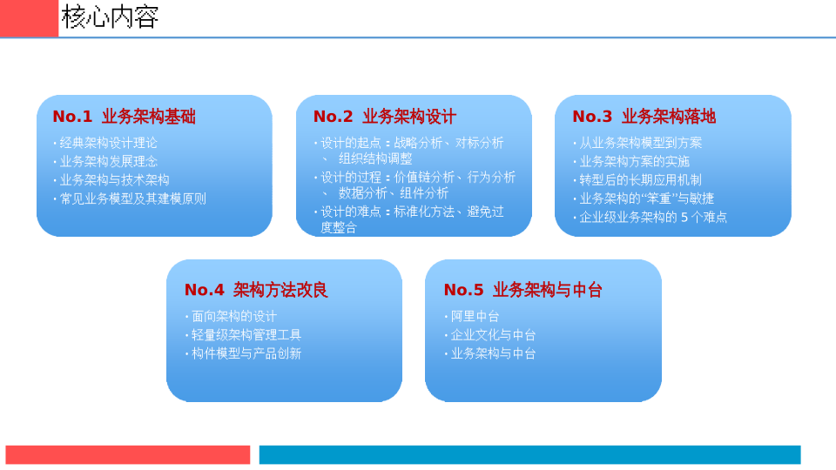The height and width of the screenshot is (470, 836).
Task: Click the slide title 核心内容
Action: tap(110, 17)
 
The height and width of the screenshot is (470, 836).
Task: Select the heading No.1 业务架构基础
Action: tap(125, 116)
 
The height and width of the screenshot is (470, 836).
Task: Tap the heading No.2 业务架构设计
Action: tap(384, 116)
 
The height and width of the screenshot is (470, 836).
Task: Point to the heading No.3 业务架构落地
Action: tap(644, 116)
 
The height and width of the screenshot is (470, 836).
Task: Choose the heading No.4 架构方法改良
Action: tap(256, 290)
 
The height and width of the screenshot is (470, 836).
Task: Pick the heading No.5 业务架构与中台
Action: tap(523, 290)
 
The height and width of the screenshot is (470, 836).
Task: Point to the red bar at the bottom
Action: tap(128, 454)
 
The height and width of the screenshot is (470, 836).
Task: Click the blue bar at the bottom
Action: tap(530, 454)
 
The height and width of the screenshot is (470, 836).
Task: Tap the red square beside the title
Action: tap(29, 18)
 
